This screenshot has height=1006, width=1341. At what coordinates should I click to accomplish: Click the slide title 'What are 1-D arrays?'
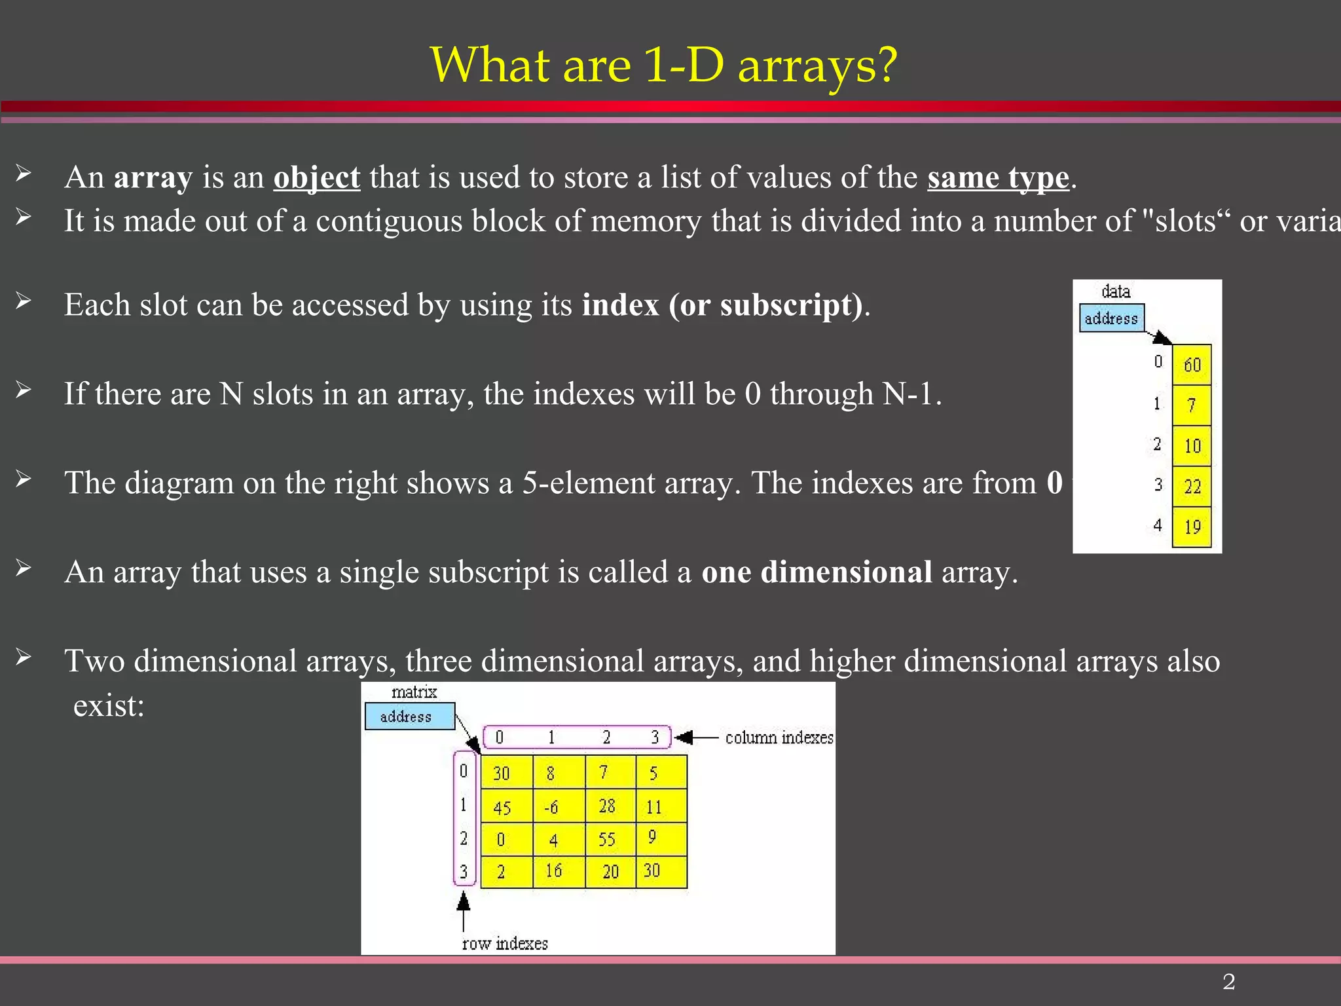tap(663, 65)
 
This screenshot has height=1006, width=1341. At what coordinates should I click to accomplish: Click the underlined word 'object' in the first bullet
tap(316, 177)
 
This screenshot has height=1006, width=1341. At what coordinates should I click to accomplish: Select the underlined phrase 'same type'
tap(998, 177)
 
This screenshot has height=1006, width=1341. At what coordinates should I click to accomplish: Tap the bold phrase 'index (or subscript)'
tap(722, 305)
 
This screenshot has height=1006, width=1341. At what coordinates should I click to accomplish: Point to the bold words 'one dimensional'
tap(817, 572)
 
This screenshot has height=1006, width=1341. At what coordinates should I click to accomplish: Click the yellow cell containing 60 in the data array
tap(1192, 364)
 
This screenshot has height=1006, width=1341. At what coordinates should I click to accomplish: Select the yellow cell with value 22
tap(1192, 486)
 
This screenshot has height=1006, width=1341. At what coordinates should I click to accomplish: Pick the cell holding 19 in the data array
tap(1192, 527)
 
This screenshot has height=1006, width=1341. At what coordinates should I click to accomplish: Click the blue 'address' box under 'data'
tap(1111, 318)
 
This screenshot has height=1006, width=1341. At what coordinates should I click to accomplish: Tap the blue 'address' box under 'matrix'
tap(409, 717)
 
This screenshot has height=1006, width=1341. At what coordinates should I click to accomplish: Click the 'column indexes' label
tap(779, 738)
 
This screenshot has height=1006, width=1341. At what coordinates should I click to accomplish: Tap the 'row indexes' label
tap(505, 944)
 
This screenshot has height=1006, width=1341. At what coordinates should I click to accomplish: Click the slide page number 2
tap(1228, 982)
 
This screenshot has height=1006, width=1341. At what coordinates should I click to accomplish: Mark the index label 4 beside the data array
tap(1158, 525)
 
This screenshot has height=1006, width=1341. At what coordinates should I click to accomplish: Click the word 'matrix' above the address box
tap(414, 692)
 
